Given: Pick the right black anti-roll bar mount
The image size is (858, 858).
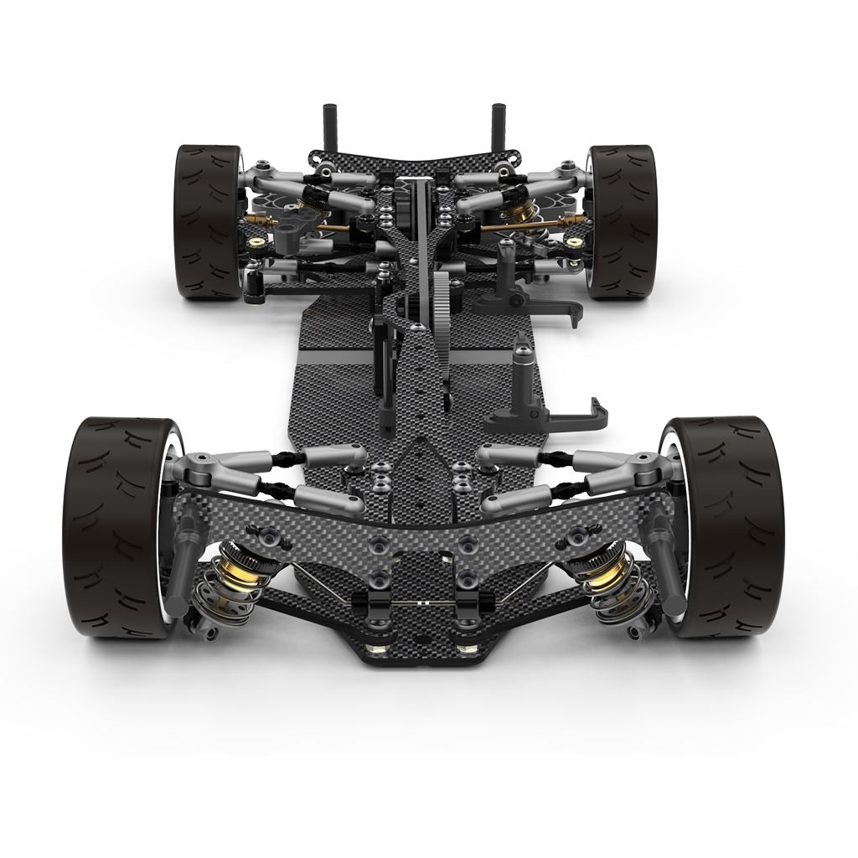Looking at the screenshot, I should pyautogui.click(x=485, y=602).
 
